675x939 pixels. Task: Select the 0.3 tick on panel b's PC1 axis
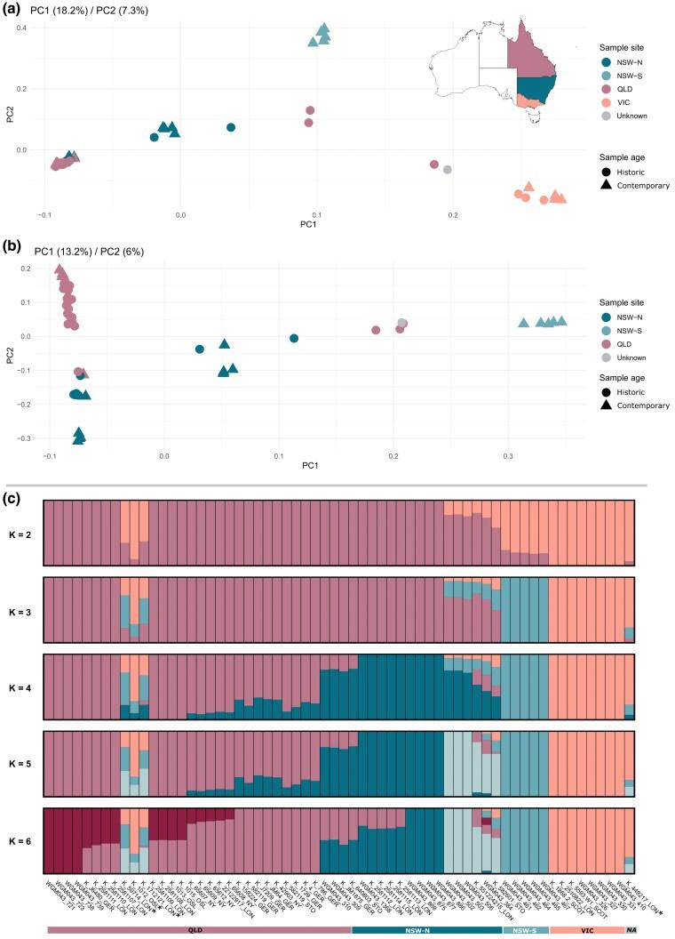(x=508, y=455)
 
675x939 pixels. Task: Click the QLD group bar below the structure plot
(x=199, y=930)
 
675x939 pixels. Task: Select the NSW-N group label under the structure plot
(x=428, y=930)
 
